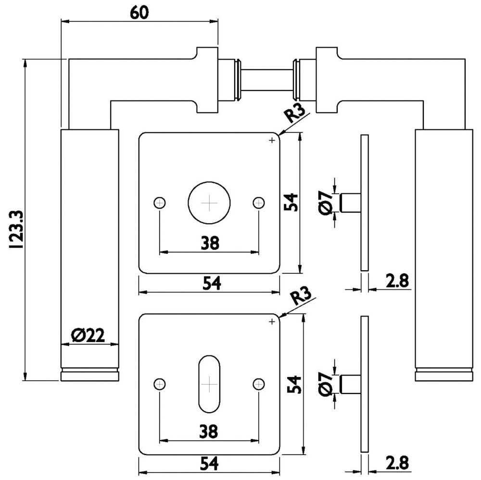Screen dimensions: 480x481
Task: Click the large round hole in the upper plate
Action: click(x=209, y=203)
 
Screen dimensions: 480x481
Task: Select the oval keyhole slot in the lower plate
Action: click(x=209, y=384)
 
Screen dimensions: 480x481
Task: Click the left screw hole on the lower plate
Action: click(x=160, y=384)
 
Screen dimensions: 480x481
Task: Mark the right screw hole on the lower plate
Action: click(x=259, y=384)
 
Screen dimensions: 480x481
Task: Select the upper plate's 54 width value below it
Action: click(x=210, y=284)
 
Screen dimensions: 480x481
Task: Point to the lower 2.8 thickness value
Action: click(x=396, y=463)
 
